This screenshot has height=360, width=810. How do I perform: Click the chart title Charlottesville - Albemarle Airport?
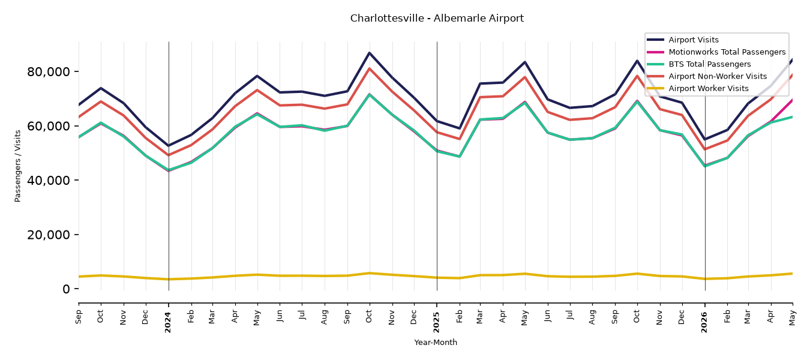click(437, 18)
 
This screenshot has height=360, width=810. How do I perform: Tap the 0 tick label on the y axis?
click(66, 289)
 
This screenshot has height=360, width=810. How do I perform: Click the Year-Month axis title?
click(436, 342)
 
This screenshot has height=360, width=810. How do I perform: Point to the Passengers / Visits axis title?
click(17, 166)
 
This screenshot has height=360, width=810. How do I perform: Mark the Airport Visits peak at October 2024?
click(369, 53)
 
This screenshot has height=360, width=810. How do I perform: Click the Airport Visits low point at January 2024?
click(169, 146)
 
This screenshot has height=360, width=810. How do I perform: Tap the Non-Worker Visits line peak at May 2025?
click(524, 77)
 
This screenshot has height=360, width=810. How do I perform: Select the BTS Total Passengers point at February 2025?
click(459, 157)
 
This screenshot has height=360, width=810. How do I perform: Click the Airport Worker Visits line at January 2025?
click(437, 278)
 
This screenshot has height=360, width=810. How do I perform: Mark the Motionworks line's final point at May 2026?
click(792, 100)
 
